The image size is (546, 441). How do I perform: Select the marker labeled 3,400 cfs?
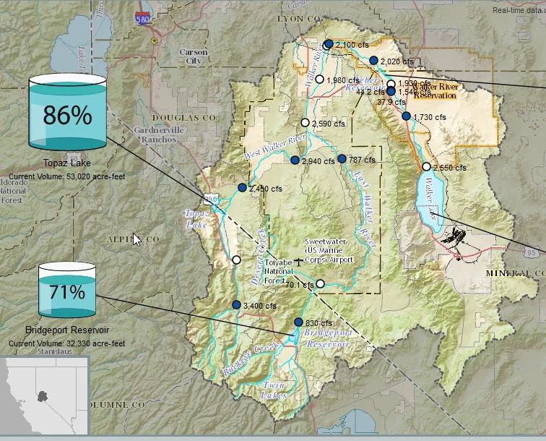pyautogui.click(x=236, y=305)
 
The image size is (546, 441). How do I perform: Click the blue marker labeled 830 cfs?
pyautogui.click(x=298, y=322)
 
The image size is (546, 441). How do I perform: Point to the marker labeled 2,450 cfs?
pyautogui.click(x=242, y=188)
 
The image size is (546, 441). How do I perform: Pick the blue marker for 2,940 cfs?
pyautogui.click(x=295, y=160)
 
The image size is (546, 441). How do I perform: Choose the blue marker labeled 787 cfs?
pyautogui.click(x=342, y=158)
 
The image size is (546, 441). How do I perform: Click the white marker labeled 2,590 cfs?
pyautogui.click(x=305, y=123)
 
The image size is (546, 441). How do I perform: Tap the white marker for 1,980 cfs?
pyautogui.click(x=319, y=79)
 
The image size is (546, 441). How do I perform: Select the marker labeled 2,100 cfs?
pyautogui.click(x=328, y=44)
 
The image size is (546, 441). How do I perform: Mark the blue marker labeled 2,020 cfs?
pyautogui.click(x=373, y=61)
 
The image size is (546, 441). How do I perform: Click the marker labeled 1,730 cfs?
pyautogui.click(x=406, y=116)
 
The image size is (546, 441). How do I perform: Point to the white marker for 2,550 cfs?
pyautogui.click(x=426, y=167)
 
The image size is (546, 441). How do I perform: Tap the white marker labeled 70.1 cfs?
pyautogui.click(x=321, y=284)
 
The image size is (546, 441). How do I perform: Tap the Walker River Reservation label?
pyautogui.click(x=435, y=90)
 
